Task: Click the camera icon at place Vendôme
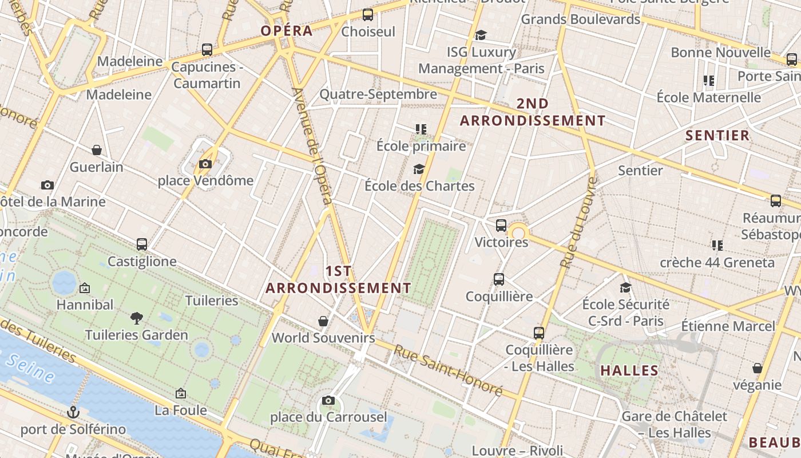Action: coord(205,164)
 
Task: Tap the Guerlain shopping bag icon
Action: coord(97,151)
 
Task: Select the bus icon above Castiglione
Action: coord(142,244)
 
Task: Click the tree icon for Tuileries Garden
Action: coord(136,318)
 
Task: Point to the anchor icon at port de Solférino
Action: coord(73,412)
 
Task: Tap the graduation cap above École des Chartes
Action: coord(419,169)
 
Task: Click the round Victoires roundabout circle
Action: coord(519,233)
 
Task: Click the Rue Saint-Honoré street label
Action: coord(449,372)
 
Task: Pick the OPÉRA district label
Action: coord(287,30)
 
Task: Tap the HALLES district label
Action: coord(629,370)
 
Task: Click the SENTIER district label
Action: coord(717,135)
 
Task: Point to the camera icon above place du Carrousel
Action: coord(328,400)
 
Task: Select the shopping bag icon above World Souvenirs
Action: coord(323,321)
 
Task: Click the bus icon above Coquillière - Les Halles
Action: coord(538,333)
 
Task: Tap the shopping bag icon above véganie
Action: coord(758,368)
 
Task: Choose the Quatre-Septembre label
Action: coord(378,94)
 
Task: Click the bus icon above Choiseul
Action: coord(368,15)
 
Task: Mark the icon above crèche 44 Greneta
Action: coord(717,246)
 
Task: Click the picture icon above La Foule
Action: coord(181,393)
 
